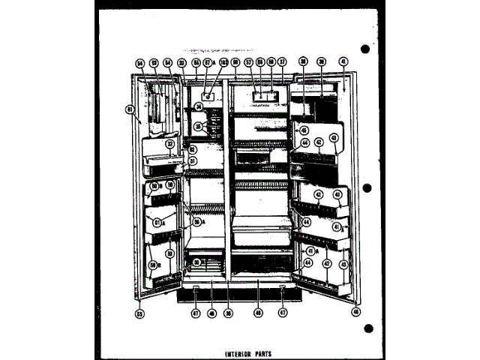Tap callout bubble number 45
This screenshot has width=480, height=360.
click(x=304, y=129)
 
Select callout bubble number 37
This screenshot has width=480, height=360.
click(x=283, y=62)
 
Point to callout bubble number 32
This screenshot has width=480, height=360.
click(x=181, y=63)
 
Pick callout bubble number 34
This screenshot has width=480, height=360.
click(x=198, y=107)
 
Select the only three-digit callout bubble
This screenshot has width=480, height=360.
click(x=223, y=63)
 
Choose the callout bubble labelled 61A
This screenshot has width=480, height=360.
click(x=158, y=222)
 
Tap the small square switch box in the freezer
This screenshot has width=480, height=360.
click(x=207, y=96)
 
